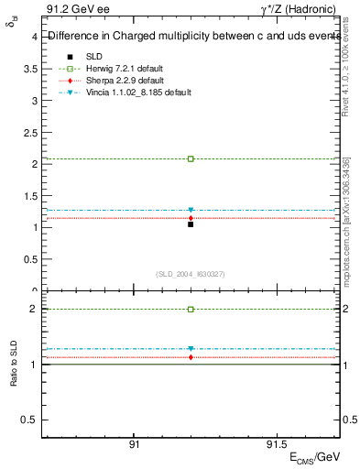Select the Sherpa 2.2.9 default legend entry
click(119, 82)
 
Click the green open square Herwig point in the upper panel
click(191, 158)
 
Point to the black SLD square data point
click(191, 224)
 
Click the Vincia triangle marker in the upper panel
click(191, 211)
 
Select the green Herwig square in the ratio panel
click(191, 310)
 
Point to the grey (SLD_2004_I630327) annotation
click(191, 275)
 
